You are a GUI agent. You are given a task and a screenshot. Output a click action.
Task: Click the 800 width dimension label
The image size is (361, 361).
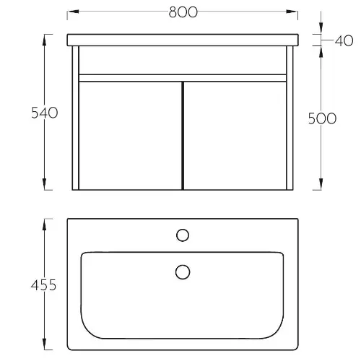click(183, 12)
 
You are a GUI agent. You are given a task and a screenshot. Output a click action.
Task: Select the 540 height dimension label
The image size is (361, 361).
click(45, 113)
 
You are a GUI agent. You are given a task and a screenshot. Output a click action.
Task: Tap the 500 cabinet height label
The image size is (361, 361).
click(322, 118)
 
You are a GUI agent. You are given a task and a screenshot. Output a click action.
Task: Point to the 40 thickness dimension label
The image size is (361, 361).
click(344, 40)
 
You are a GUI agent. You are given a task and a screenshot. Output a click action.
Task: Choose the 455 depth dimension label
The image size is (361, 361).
click(43, 285)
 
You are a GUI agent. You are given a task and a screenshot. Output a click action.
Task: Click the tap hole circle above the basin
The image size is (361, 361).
click(183, 235)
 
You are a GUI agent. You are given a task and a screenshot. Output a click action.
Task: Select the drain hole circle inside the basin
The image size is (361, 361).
click(183, 272)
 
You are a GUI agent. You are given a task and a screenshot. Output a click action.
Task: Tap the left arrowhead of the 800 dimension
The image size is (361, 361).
click(73, 12)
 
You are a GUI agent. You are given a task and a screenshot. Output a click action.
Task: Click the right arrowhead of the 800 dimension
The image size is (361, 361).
click(292, 12)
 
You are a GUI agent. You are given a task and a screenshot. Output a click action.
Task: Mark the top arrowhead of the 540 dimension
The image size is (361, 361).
click(44, 40)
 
